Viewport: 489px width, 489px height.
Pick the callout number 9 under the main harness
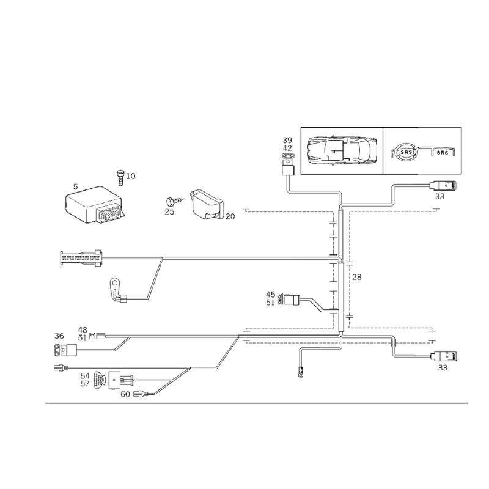click(x=300, y=371)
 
